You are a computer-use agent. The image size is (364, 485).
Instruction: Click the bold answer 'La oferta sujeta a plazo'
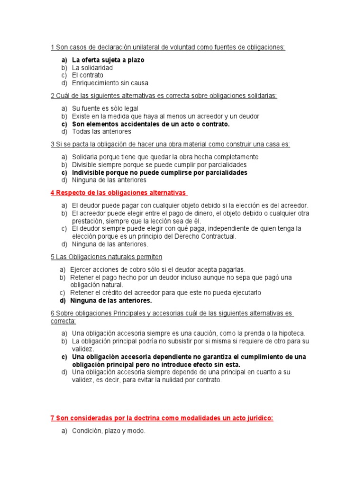pyautogui.click(x=108, y=60)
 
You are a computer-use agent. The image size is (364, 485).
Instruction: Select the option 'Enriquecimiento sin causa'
pyautogui.click(x=109, y=82)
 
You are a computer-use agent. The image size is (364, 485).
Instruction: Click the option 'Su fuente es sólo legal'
pyautogui.click(x=105, y=108)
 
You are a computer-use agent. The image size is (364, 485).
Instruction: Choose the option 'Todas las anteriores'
pyautogui.click(x=101, y=131)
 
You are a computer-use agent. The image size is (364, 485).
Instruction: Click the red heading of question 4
pyautogui.click(x=118, y=193)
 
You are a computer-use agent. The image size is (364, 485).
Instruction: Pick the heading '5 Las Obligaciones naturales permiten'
pyautogui.click(x=106, y=257)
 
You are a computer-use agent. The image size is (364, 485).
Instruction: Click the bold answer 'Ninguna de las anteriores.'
pyautogui.click(x=111, y=300)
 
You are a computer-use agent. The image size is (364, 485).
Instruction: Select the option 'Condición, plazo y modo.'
pyautogui.click(x=109, y=431)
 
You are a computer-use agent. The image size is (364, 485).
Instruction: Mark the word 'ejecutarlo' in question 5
pyautogui.click(x=245, y=293)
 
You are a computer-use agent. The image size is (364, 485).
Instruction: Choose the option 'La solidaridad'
pyautogui.click(x=92, y=68)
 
